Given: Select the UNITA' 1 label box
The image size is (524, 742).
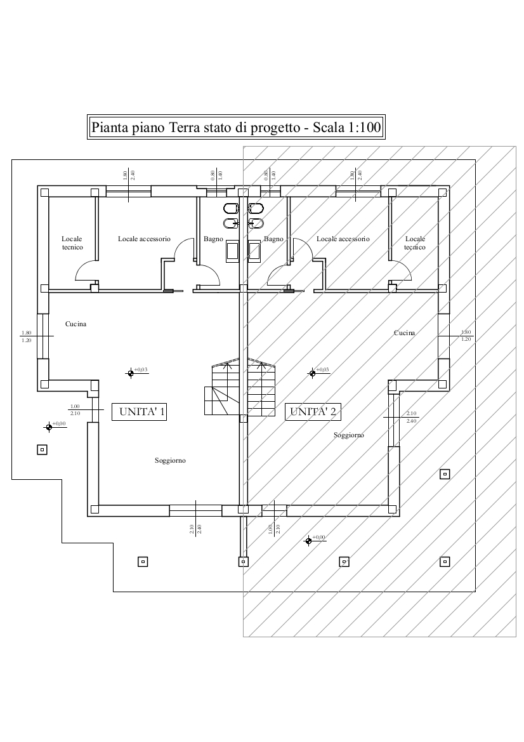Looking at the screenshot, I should [x=139, y=412].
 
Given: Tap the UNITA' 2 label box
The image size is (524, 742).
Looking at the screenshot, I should [x=313, y=412].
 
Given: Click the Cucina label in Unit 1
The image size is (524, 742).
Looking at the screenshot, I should [x=75, y=324].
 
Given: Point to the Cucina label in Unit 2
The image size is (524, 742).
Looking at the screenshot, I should [x=404, y=333].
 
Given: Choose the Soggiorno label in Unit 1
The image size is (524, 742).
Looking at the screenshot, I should [x=170, y=460].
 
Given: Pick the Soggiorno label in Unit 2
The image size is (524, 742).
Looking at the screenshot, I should [x=348, y=435].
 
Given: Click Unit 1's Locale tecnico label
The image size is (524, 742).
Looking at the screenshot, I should [x=72, y=243].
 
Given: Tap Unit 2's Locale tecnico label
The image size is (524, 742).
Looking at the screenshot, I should [x=415, y=243].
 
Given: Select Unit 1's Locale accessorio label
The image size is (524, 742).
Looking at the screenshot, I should [x=144, y=239].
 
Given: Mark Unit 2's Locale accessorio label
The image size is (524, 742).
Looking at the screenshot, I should [x=343, y=239].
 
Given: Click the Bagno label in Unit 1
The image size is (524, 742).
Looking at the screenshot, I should [x=213, y=239].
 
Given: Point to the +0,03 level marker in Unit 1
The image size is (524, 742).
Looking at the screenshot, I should [x=131, y=373].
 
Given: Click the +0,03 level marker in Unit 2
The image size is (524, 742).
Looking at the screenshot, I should [x=312, y=373].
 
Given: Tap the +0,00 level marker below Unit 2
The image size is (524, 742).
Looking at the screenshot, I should [x=308, y=541].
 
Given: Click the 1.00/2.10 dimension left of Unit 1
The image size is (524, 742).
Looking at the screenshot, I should [x=75, y=410].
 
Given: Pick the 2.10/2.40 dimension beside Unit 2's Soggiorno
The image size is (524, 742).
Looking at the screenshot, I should [x=411, y=417].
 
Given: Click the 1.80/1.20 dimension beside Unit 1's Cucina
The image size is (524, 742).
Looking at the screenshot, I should [x=26, y=336].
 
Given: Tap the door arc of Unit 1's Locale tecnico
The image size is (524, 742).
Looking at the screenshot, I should [x=86, y=272].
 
